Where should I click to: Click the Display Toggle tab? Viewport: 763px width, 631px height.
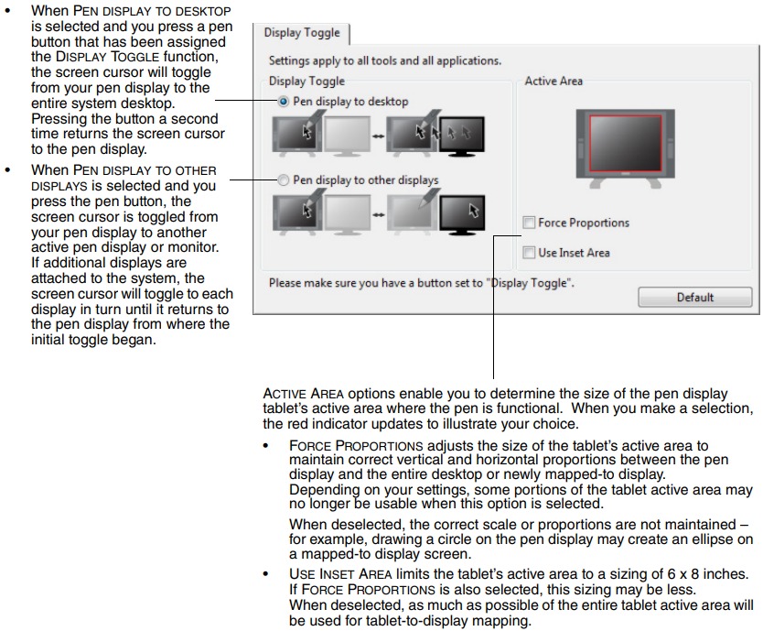(301, 33)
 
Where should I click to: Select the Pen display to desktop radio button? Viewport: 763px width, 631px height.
(284, 102)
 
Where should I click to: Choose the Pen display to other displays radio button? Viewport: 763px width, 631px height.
(284, 180)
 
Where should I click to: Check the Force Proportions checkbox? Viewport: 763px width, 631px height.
(529, 223)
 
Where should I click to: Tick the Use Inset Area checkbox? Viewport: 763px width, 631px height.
(529, 252)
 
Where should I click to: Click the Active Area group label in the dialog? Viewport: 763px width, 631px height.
(553, 82)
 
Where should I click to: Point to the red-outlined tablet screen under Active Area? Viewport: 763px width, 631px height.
(626, 144)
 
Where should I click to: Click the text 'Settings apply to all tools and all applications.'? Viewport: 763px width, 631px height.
(384, 60)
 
